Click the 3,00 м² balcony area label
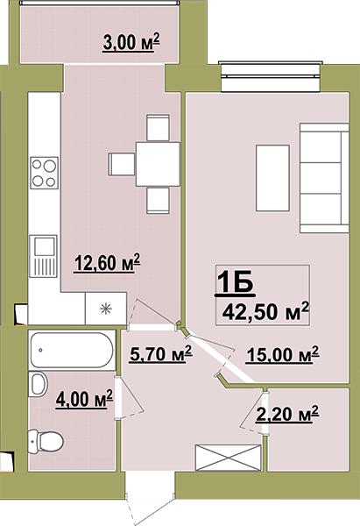[x=131, y=42]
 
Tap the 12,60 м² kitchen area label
[x=107, y=263]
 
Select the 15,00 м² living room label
[x=282, y=354]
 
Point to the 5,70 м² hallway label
[x=161, y=354]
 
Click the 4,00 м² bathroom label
[x=84, y=399]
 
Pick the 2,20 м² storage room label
[x=287, y=414]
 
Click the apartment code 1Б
[x=235, y=284]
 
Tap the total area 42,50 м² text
[x=265, y=311]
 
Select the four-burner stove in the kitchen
[x=45, y=173]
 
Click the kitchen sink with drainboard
[x=43, y=256]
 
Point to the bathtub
[x=72, y=350]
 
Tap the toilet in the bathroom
[x=46, y=441]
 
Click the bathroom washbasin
[x=38, y=385]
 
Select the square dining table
[x=158, y=164]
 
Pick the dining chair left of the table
[x=122, y=164]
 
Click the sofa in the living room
[x=324, y=178]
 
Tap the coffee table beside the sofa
[x=272, y=178]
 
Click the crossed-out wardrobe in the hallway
[x=229, y=458]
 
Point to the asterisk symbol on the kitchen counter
[x=106, y=309]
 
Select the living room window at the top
[x=270, y=76]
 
